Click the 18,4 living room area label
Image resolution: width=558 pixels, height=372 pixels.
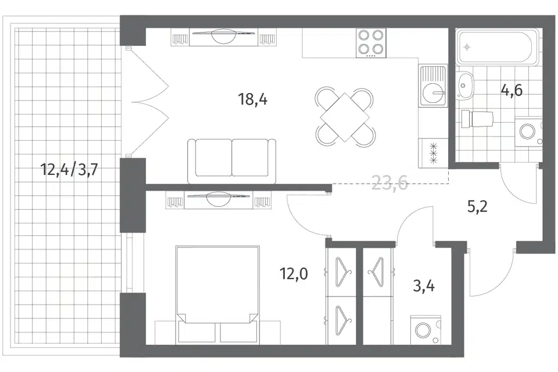pyautogui.click(x=253, y=99)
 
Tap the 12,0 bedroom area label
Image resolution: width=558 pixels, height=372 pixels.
pyautogui.click(x=294, y=274)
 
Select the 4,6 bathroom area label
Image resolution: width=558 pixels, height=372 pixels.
pyautogui.click(x=512, y=91)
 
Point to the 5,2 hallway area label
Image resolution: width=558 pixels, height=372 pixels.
pyautogui.click(x=477, y=206)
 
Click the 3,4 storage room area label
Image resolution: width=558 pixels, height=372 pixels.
pyautogui.click(x=424, y=285)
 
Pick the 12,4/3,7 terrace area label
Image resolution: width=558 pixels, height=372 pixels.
pyautogui.click(x=69, y=170)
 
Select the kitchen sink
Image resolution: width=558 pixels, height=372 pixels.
pyautogui.click(x=432, y=86)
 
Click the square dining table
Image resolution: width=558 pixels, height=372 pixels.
pyautogui.click(x=345, y=117)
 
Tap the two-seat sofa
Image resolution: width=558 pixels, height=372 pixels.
pyautogui.click(x=232, y=161)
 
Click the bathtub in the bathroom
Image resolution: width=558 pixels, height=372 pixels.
pyautogui.click(x=498, y=47)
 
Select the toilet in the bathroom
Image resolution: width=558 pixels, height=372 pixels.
pyautogui.click(x=477, y=118)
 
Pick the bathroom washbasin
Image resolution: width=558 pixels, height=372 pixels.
pyautogui.click(x=465, y=85)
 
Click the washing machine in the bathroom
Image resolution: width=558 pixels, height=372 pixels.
pyautogui.click(x=528, y=132)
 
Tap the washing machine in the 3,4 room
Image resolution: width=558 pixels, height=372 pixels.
pyautogui.click(x=425, y=330)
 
